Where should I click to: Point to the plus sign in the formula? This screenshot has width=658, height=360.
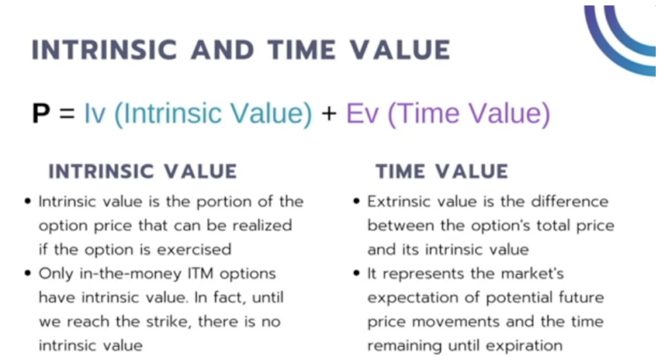[329, 114]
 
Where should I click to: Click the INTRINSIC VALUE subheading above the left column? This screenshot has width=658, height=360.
[143, 172]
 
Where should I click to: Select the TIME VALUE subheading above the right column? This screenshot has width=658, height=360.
[442, 172]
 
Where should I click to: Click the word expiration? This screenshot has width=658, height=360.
[524, 345]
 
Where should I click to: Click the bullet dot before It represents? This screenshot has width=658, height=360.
[357, 274]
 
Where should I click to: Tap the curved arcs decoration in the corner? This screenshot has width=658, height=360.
[622, 35]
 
